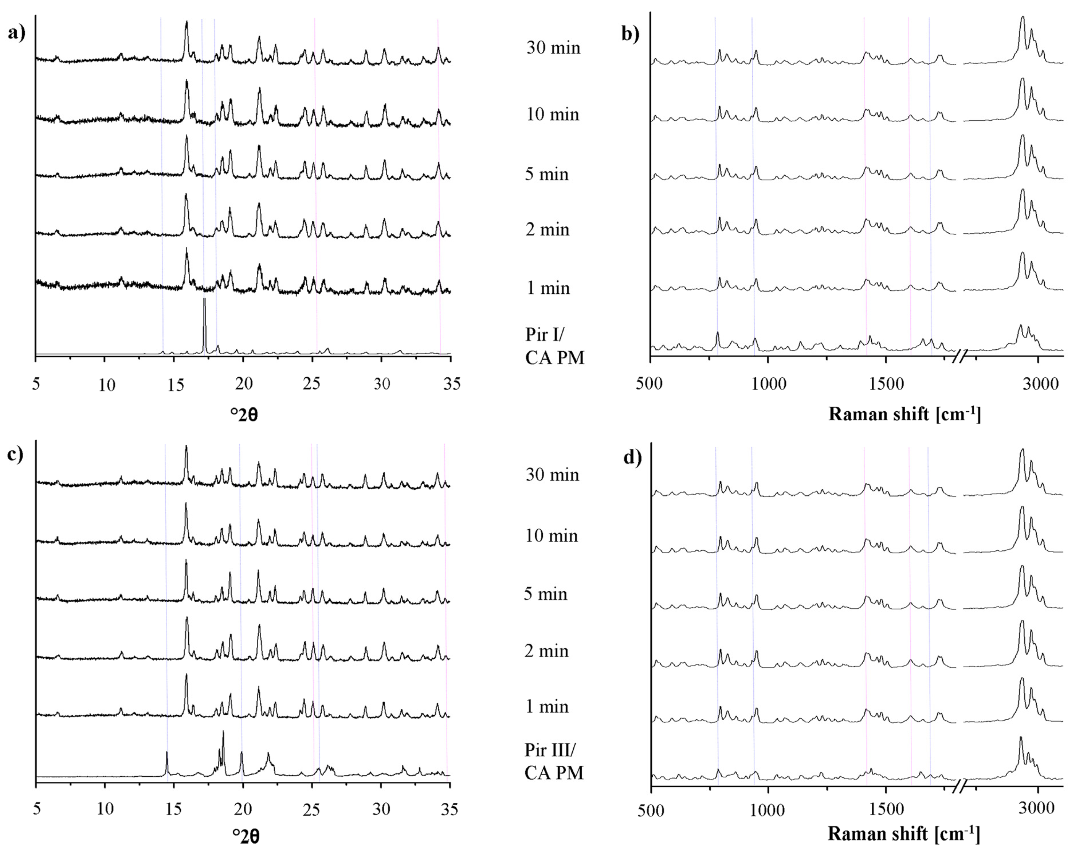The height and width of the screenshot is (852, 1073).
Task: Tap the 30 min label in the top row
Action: click(553, 48)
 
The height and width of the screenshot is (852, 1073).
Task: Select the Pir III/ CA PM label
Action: click(553, 762)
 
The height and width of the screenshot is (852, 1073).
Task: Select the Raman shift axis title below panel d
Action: click(904, 834)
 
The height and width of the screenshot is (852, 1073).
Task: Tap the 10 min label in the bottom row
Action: click(552, 536)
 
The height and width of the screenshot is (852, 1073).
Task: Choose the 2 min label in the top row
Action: click(547, 230)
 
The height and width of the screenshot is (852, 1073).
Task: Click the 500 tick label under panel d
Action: click(651, 810)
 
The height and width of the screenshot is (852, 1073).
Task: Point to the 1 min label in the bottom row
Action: click(547, 706)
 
